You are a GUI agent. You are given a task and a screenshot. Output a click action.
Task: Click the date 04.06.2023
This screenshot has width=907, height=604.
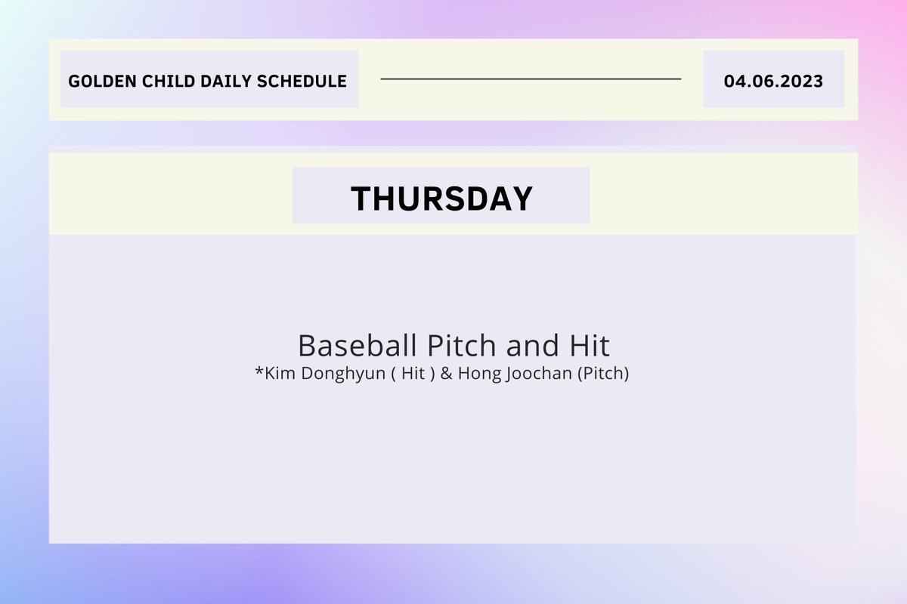pyautogui.click(x=773, y=81)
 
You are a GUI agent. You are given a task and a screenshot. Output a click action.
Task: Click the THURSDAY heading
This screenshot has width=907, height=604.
pyautogui.click(x=441, y=198)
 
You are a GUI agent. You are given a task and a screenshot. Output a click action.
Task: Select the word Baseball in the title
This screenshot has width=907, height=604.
pyautogui.click(x=358, y=346)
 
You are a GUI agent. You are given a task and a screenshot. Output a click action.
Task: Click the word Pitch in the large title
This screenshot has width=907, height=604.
pyautogui.click(x=461, y=346)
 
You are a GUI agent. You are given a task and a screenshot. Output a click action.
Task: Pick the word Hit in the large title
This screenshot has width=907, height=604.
pyautogui.click(x=587, y=346)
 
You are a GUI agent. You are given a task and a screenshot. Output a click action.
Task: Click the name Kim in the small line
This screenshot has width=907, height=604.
pyautogui.click(x=278, y=374)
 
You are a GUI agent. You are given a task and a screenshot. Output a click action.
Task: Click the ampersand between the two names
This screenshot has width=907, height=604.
pyautogui.click(x=445, y=374)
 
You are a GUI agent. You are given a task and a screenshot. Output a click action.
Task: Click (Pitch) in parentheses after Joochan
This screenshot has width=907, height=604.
pyautogui.click(x=603, y=374)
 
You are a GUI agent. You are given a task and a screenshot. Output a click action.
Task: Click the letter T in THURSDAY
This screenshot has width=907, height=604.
pyautogui.click(x=361, y=198)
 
